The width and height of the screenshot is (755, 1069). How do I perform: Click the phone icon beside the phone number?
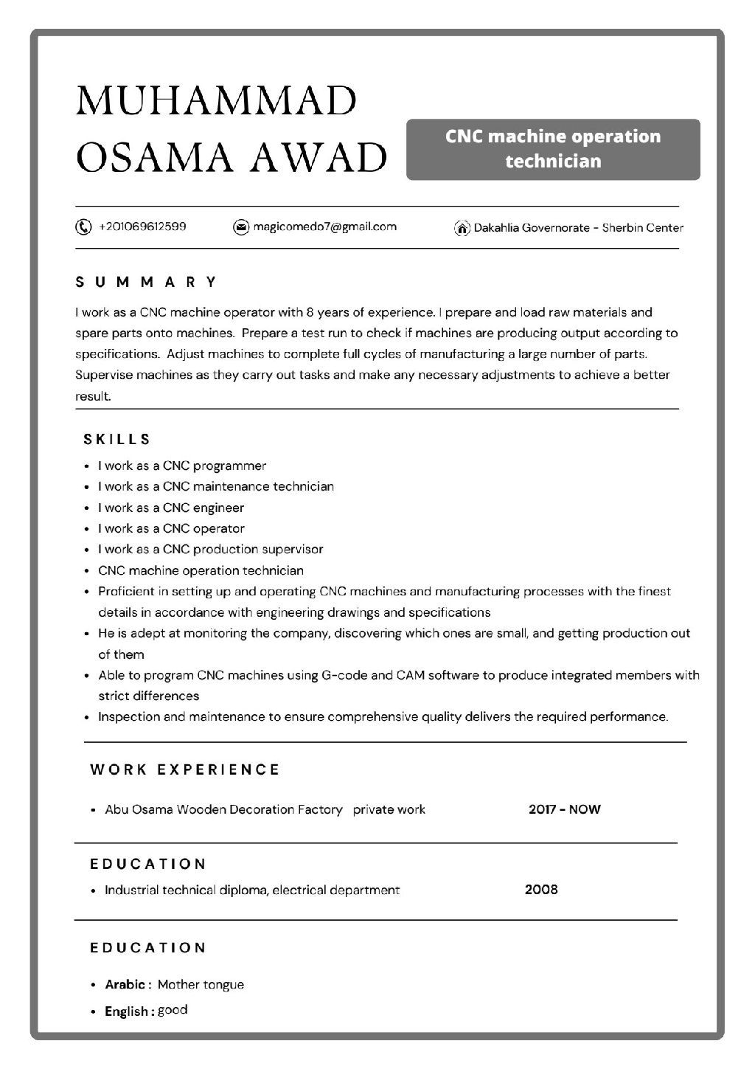tap(83, 226)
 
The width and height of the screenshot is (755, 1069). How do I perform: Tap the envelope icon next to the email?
tap(240, 227)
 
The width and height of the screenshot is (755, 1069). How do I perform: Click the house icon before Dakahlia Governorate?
tap(462, 228)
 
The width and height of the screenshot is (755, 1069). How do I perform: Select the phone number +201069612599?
tap(142, 226)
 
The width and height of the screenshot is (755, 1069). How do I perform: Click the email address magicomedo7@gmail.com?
tap(324, 226)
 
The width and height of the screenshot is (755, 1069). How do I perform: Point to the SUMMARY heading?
tap(147, 282)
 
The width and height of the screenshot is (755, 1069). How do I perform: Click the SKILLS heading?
tap(117, 440)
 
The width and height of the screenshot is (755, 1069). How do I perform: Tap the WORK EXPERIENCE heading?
tap(185, 769)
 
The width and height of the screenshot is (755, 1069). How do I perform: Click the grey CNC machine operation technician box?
tap(553, 149)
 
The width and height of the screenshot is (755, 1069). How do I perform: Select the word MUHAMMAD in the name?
tap(217, 101)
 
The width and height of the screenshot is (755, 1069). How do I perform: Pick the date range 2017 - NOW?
tap(564, 809)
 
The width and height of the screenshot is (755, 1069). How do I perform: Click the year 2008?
tap(541, 889)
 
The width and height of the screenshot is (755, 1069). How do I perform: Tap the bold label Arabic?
tap(125, 984)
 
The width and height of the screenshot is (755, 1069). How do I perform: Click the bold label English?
tap(127, 1011)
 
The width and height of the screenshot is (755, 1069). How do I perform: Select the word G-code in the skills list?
tap(344, 675)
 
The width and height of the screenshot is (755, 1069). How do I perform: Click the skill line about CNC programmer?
tap(182, 466)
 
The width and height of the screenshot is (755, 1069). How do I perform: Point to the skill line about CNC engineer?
tap(171, 508)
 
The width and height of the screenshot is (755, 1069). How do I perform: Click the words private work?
tap(389, 809)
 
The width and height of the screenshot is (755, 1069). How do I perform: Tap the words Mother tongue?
tap(201, 984)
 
